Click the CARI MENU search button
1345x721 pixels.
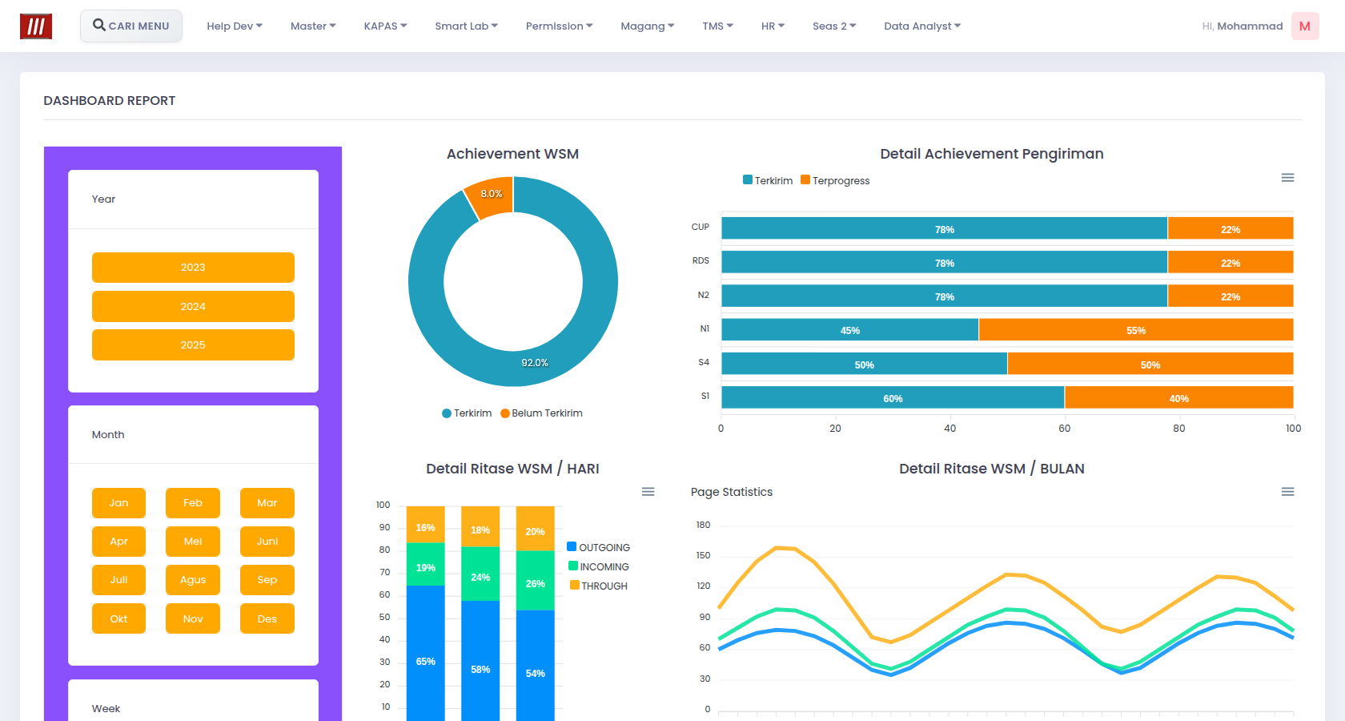click(131, 26)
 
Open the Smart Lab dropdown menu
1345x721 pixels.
click(466, 26)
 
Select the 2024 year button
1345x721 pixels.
click(193, 306)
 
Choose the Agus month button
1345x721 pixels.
click(193, 580)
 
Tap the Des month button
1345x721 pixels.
click(267, 618)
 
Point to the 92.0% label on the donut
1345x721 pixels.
click(535, 363)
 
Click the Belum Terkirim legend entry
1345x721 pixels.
click(541, 413)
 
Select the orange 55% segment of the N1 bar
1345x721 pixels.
click(1136, 330)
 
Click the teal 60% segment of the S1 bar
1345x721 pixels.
click(893, 397)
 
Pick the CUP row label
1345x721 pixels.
click(700, 228)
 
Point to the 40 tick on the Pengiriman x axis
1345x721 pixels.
click(950, 429)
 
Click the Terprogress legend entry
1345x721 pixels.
click(835, 180)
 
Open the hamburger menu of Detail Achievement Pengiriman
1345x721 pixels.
click(1287, 178)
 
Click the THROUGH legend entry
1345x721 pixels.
click(599, 586)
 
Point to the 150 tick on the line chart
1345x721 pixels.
click(703, 556)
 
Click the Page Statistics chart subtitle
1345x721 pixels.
click(732, 492)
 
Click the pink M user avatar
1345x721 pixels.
click(1305, 26)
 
